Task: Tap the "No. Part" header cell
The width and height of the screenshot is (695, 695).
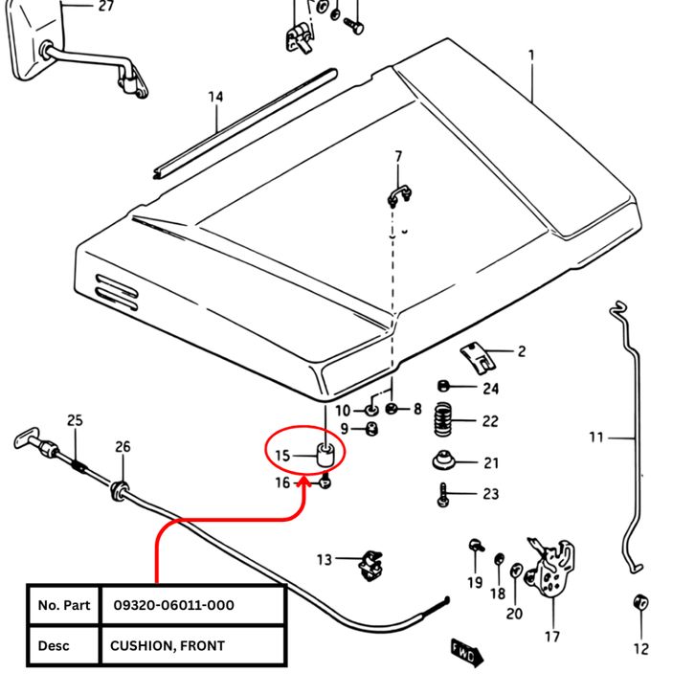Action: (63, 605)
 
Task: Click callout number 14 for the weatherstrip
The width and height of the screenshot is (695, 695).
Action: (215, 97)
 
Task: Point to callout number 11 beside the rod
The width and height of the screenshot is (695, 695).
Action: (596, 437)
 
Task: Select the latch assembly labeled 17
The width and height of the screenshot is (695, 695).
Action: (553, 572)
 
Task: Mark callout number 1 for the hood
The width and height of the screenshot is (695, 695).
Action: (532, 56)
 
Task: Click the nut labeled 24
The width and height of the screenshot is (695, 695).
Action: (444, 388)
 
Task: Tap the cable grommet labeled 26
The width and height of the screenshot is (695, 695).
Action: (122, 489)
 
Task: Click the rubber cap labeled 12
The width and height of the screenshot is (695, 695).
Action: (639, 605)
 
